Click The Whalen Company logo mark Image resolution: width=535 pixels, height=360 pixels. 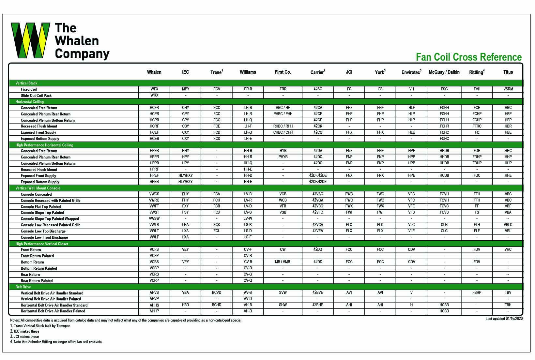point(30,40)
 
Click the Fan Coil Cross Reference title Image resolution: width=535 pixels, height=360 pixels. point(468,57)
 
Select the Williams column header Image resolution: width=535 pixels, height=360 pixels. point(248,72)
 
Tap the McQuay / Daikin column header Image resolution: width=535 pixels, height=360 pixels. point(444,72)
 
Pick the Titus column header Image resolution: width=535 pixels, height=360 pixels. point(508,72)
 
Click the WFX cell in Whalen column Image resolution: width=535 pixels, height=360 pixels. point(154,89)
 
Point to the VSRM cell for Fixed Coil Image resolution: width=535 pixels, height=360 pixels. point(508,89)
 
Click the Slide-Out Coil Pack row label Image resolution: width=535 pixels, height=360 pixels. point(36,96)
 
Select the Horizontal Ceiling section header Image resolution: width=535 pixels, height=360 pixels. point(29,102)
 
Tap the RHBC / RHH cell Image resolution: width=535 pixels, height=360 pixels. point(283,126)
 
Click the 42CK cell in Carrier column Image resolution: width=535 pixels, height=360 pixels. point(318,126)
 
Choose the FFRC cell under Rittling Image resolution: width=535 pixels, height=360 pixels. point(477,126)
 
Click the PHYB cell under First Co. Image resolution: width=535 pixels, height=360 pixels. point(283,157)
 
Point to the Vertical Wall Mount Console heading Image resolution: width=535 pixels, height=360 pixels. point(38,188)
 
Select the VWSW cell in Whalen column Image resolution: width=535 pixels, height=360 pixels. point(154,218)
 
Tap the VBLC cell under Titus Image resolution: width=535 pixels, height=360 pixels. point(508,225)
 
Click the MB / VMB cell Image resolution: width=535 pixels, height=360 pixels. point(283,262)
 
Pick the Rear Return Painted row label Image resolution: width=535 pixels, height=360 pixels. point(37,281)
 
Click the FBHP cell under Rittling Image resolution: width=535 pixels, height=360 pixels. point(477,292)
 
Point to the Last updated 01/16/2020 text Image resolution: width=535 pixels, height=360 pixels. point(504,319)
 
